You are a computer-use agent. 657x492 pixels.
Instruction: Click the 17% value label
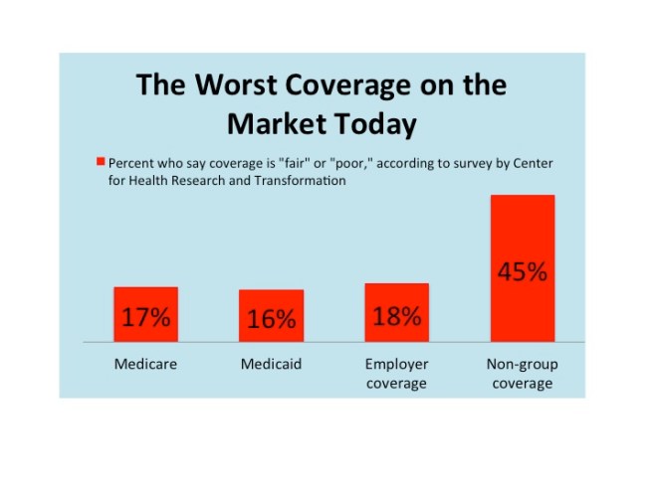pos(145,319)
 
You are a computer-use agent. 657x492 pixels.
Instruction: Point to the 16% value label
pos(272,320)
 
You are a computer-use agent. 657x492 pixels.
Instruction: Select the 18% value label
pos(396,317)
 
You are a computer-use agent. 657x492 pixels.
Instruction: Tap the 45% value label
pos(522,272)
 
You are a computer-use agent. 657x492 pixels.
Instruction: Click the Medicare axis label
pos(145,365)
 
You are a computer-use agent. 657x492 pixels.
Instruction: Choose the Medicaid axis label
pos(271,365)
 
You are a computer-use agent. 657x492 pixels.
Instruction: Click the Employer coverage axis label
pos(396,374)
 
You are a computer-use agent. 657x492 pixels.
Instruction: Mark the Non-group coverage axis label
pos(522,374)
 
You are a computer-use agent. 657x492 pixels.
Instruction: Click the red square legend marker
pos(100,161)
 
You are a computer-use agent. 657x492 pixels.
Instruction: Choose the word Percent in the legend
pos(130,162)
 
